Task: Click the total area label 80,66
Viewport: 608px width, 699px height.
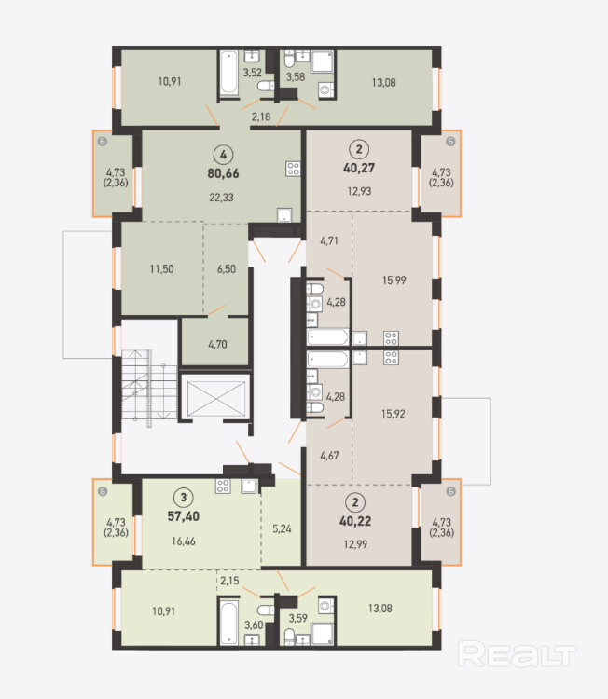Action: pos(223,173)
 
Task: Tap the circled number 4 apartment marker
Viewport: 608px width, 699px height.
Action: pos(223,155)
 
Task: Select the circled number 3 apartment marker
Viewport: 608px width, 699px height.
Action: pos(183,497)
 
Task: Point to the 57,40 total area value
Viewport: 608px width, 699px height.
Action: pos(184,516)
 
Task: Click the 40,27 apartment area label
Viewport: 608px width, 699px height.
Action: pos(359,168)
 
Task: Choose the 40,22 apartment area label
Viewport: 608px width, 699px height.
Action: pos(355,521)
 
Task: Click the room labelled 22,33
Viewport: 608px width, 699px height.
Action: pos(221,198)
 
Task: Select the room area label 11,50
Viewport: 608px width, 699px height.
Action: pos(161,269)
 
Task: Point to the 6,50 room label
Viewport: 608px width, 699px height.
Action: pos(227,269)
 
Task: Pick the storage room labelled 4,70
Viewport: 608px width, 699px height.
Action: pos(217,345)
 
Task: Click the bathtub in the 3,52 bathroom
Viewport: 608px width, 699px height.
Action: pos(229,73)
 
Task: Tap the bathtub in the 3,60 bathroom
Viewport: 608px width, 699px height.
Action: pos(229,622)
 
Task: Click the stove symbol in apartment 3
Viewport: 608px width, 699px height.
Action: pos(223,486)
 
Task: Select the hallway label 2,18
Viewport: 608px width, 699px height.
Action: pos(261,117)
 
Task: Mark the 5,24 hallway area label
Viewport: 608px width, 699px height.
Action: pos(282,528)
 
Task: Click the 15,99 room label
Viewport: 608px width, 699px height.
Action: pos(394,281)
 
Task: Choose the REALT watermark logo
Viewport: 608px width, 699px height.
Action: pos(517,654)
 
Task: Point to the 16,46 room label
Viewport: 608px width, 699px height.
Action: pos(184,541)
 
